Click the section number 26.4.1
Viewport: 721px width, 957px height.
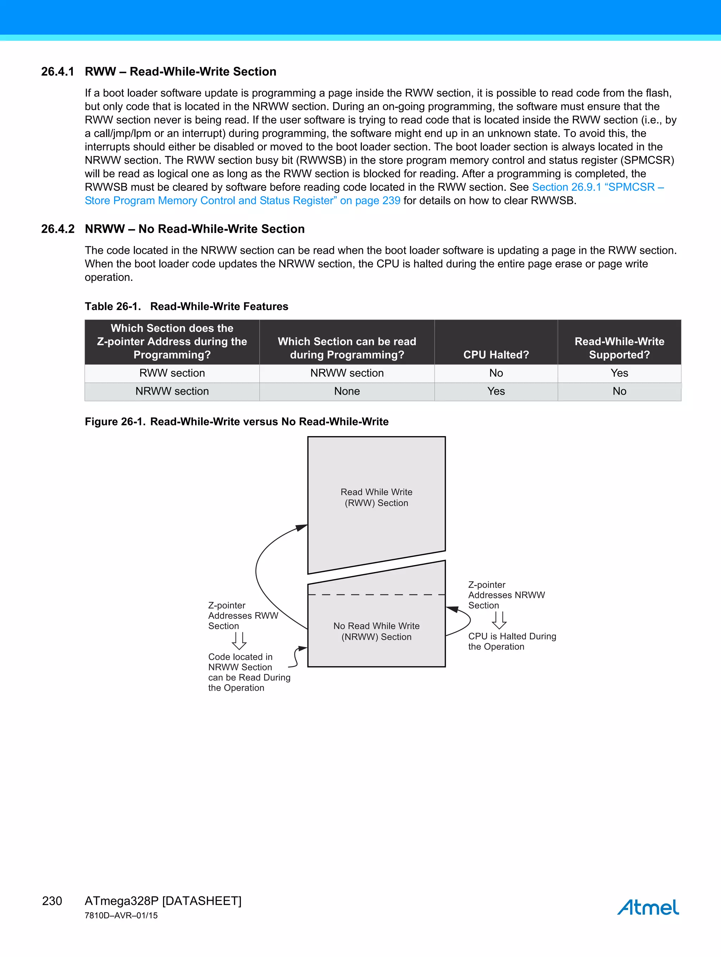coord(57,71)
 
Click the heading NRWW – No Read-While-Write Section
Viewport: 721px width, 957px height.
coord(194,229)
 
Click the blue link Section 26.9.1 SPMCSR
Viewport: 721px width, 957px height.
coord(597,187)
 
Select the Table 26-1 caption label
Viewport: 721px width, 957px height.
coord(113,306)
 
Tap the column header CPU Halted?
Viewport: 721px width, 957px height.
coord(496,354)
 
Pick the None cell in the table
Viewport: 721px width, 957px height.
coord(347,391)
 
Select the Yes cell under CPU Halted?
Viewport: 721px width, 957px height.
coord(496,391)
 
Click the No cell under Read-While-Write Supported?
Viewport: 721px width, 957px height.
coord(619,391)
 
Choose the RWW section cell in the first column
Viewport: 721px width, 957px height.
coord(172,373)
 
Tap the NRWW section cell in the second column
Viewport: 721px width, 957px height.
coord(347,373)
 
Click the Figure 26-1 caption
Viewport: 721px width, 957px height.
coord(236,421)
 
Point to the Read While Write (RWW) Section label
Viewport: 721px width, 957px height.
coord(376,498)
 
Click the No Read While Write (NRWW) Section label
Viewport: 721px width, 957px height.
coord(376,631)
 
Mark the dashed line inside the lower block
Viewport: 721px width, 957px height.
coord(376,595)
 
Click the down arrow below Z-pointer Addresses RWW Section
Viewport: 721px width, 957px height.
coord(239,641)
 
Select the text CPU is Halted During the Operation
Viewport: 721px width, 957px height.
coord(512,641)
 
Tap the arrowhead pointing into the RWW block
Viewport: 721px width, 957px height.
coord(302,527)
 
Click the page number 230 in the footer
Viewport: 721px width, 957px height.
coord(52,901)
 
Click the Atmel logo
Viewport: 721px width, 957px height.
coord(648,907)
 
